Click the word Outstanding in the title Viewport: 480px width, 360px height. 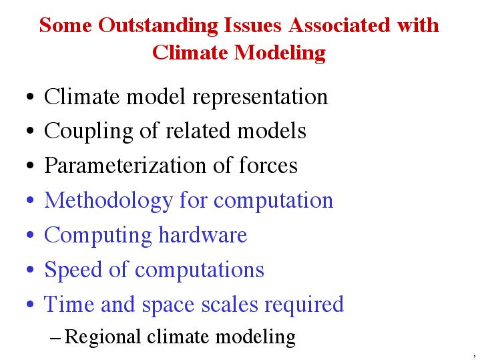coord(158,26)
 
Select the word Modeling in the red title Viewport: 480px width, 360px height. coord(280,53)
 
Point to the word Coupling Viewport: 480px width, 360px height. coord(89,132)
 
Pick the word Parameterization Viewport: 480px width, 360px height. coord(126,165)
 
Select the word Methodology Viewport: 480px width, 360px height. coord(109,201)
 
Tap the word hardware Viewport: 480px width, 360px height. coord(203,234)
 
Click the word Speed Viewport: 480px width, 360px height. coord(73,271)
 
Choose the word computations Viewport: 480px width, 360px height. coord(200,271)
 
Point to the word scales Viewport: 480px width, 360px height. coord(230,305)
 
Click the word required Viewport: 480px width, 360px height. coord(304,305)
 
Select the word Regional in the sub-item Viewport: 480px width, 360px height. coord(103,337)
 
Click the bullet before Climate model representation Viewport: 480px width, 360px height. coord(30,98)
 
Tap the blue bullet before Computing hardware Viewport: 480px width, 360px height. coord(30,235)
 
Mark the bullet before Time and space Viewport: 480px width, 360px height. coord(30,305)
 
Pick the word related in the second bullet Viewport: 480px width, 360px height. coord(198,130)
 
